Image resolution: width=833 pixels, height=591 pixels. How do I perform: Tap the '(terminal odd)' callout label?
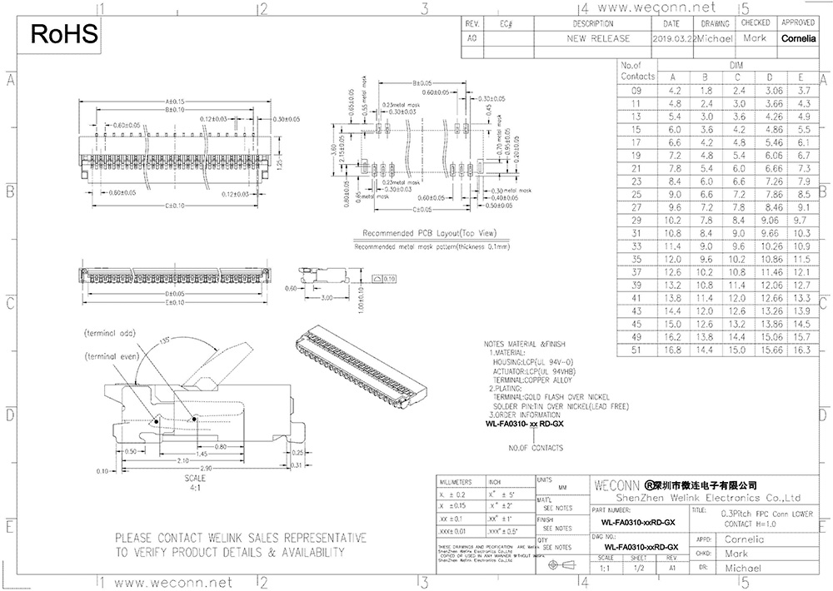[x=109, y=332]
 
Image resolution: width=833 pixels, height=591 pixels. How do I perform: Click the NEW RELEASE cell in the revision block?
[x=598, y=38]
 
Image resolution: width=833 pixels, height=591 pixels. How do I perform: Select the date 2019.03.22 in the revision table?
[x=672, y=38]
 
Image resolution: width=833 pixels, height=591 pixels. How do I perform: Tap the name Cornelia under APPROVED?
[x=798, y=38]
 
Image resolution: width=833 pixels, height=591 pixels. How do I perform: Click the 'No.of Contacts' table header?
[x=637, y=71]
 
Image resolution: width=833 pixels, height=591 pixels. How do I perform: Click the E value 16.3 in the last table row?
[x=803, y=350]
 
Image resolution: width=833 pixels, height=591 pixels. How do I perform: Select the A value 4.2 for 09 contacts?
[x=675, y=89]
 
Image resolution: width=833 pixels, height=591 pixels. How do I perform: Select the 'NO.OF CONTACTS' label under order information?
[x=536, y=448]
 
